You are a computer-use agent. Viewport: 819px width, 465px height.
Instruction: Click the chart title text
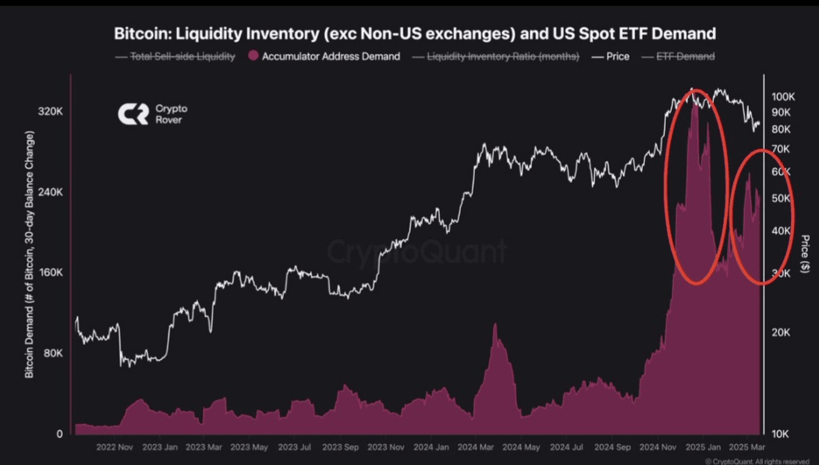tap(414, 34)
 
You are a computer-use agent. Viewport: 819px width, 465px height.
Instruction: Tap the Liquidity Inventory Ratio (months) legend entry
tap(495, 56)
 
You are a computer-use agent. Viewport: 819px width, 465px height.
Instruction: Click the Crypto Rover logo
tap(152, 115)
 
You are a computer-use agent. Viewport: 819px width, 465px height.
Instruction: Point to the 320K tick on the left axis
tap(49, 112)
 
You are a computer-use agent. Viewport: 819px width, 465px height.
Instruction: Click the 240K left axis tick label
tap(49, 192)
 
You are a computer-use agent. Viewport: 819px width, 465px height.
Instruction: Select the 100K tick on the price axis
tap(782, 97)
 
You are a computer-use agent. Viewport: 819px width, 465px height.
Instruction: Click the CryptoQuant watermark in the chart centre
tap(417, 251)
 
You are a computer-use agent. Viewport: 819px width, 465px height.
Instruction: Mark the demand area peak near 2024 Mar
tap(495, 325)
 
